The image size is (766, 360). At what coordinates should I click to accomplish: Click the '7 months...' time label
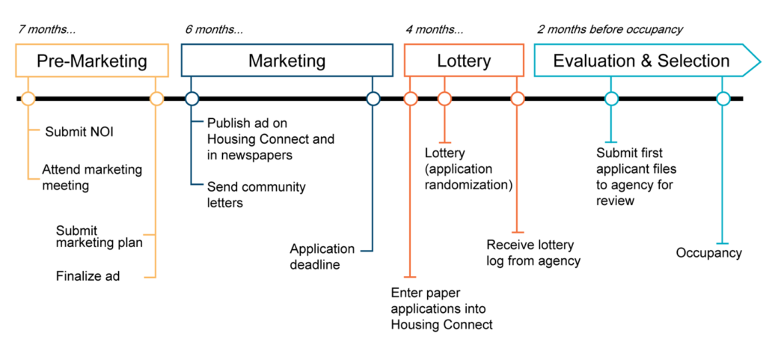[47, 29]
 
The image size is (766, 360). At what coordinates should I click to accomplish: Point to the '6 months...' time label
[214, 29]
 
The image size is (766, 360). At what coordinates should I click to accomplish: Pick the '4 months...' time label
[435, 29]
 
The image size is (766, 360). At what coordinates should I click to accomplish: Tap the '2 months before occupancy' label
[610, 29]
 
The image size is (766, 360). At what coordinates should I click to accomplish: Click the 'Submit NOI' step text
[79, 132]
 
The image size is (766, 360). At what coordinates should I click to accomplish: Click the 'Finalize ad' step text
[88, 276]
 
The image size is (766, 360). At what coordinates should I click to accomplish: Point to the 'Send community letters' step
[256, 195]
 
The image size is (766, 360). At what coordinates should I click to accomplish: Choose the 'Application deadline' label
[322, 257]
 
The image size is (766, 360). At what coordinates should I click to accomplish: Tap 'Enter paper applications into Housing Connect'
[442, 308]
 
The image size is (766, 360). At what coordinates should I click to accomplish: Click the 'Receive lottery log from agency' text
[533, 252]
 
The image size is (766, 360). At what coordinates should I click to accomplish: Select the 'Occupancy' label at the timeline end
[709, 253]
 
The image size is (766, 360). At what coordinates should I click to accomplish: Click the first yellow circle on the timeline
[28, 99]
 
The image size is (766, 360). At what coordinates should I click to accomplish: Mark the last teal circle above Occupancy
[723, 99]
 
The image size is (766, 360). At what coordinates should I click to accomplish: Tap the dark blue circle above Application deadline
[373, 99]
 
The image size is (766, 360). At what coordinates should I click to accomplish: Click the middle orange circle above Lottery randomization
[444, 99]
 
